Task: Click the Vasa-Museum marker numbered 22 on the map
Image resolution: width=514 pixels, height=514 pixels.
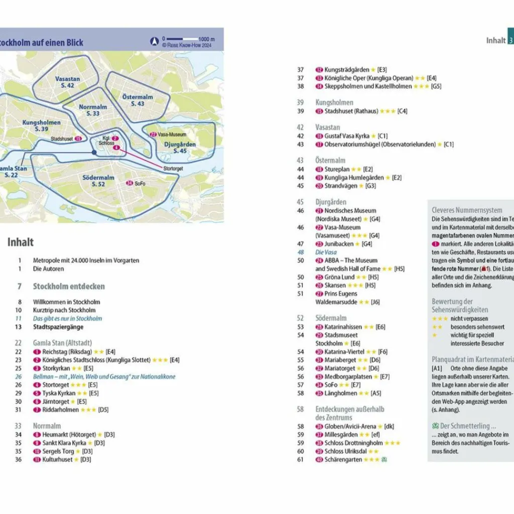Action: [153, 135]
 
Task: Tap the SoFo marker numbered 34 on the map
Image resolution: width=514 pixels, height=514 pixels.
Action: [130, 184]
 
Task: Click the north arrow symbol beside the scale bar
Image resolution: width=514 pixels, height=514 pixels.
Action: [155, 41]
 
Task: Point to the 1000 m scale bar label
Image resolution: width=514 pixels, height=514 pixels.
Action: [206, 39]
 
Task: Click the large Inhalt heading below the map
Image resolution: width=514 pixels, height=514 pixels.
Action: [21, 242]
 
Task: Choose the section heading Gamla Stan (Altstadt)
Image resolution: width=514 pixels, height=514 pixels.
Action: [62, 343]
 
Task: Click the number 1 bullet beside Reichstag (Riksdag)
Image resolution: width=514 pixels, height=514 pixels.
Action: [37, 352]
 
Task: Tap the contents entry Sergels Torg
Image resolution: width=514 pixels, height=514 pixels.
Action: [58, 451]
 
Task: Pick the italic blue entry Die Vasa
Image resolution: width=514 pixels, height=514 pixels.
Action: [326, 252]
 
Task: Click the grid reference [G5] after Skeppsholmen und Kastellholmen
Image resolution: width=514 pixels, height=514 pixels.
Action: [436, 86]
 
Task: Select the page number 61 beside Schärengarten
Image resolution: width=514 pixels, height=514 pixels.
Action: [301, 459]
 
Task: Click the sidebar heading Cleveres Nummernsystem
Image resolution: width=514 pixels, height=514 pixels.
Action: [467, 210]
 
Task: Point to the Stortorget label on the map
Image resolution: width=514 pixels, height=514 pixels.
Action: [173, 169]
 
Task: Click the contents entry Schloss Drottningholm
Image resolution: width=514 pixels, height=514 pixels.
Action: [353, 443]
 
